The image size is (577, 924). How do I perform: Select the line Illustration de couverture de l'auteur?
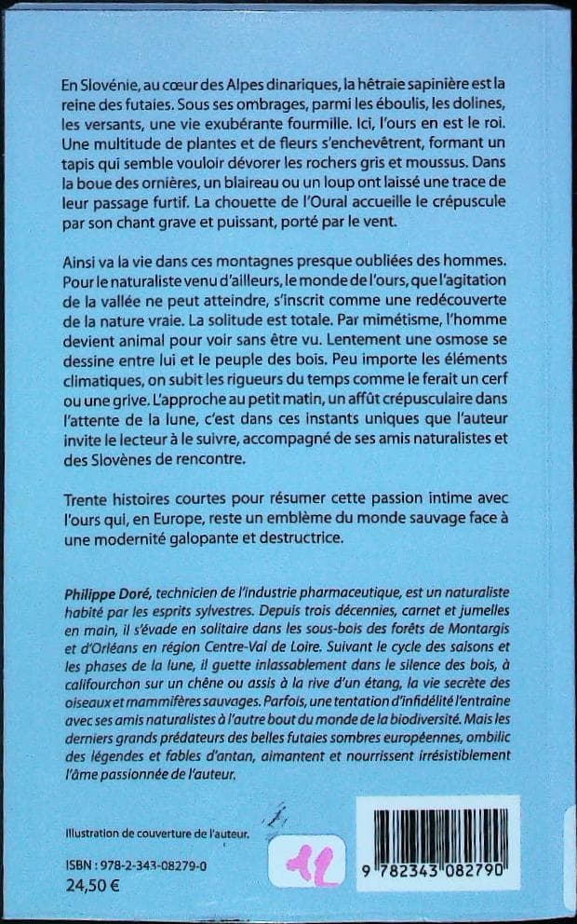pyautogui.click(x=159, y=834)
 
